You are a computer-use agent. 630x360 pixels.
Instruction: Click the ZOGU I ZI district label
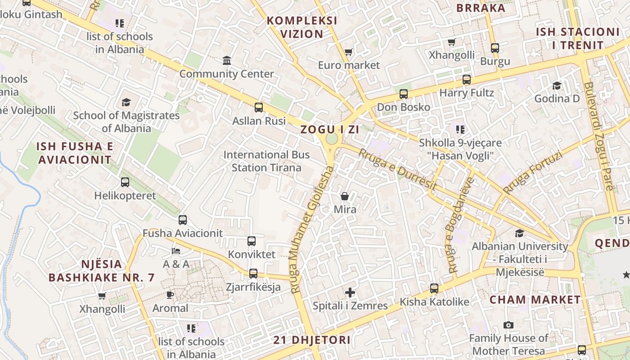(x=329, y=130)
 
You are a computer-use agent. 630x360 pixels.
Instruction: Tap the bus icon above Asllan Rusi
(x=259, y=107)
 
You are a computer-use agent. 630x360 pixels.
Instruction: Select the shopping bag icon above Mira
(x=345, y=196)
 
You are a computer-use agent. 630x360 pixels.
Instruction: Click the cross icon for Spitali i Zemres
(x=350, y=292)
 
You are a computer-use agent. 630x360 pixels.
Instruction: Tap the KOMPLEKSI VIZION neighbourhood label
(x=302, y=27)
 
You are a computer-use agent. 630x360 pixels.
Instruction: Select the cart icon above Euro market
(x=348, y=52)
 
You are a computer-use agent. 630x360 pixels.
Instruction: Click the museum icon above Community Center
(x=227, y=60)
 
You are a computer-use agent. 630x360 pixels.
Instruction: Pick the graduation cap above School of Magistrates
(x=126, y=102)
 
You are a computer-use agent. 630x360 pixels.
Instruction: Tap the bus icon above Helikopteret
(x=125, y=182)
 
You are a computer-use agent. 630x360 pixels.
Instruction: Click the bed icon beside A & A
(x=176, y=251)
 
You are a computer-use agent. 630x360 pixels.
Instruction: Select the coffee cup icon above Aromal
(x=170, y=295)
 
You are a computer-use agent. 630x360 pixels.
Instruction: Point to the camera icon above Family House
(x=508, y=325)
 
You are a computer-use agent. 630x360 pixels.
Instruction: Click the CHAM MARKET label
(x=535, y=300)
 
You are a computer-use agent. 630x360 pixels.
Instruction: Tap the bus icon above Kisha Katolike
(x=434, y=288)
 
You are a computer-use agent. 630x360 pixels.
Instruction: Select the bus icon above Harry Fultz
(x=467, y=80)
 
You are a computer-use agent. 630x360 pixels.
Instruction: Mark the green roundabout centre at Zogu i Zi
(x=332, y=139)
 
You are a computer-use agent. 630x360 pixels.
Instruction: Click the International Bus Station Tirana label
(x=266, y=161)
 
